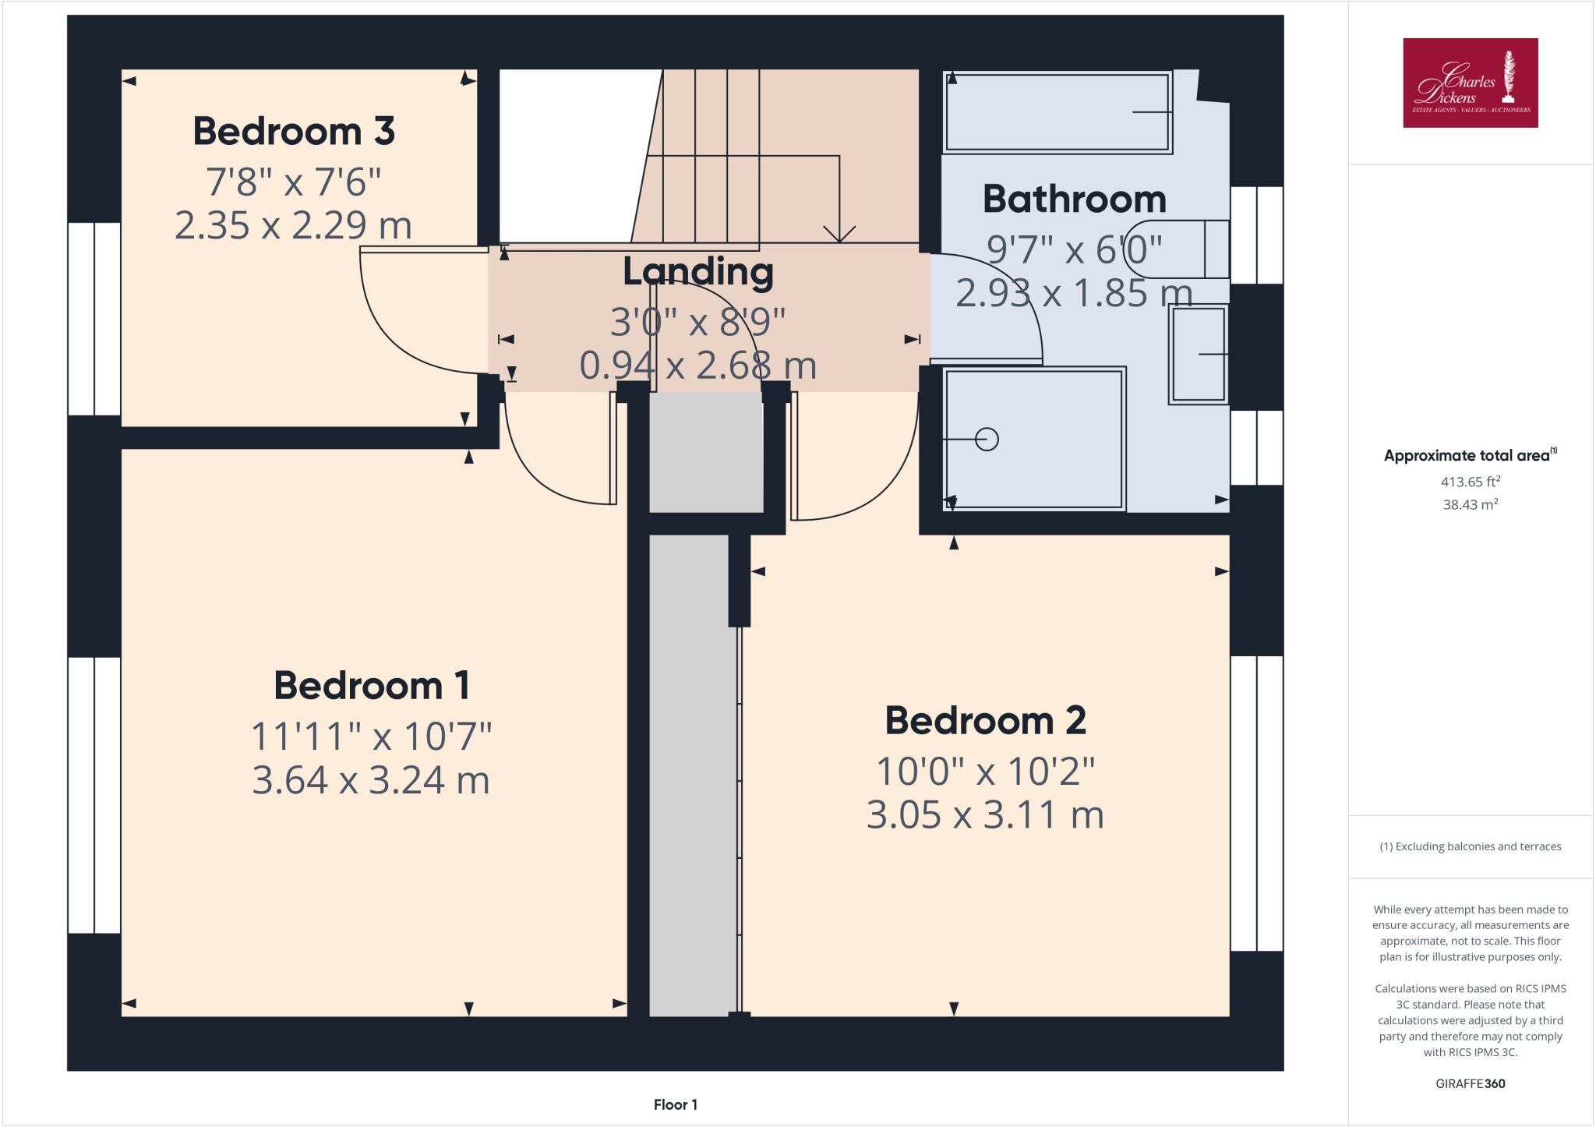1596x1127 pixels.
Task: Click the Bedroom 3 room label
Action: pyautogui.click(x=294, y=131)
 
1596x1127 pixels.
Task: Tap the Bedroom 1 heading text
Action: pyautogui.click(x=372, y=686)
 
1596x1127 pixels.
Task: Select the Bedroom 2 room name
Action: pyautogui.click(x=985, y=720)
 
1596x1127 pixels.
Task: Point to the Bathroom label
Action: pyautogui.click(x=1074, y=200)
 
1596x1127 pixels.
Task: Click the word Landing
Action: pyautogui.click(x=698, y=272)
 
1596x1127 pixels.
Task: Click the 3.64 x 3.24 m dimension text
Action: pyautogui.click(x=371, y=780)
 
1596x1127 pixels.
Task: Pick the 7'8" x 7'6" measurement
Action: pyautogui.click(x=293, y=182)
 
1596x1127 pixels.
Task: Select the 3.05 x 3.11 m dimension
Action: pyautogui.click(x=985, y=815)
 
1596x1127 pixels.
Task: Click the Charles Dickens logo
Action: pyautogui.click(x=1470, y=83)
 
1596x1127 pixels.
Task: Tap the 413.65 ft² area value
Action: pyautogui.click(x=1470, y=482)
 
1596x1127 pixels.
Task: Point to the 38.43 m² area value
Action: pyautogui.click(x=1470, y=504)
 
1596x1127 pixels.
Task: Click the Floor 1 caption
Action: pyautogui.click(x=675, y=1104)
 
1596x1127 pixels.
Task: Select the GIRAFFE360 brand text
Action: pyautogui.click(x=1470, y=1083)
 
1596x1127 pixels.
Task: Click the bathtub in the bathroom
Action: pyautogui.click(x=1057, y=112)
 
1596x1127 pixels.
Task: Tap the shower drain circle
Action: pyautogui.click(x=987, y=440)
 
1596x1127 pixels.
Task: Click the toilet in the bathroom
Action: pyautogui.click(x=1192, y=249)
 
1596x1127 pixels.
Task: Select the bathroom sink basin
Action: pyautogui.click(x=1198, y=354)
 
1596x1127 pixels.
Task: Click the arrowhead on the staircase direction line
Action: pyautogui.click(x=839, y=235)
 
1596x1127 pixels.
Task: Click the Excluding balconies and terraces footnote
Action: pyautogui.click(x=1470, y=846)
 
